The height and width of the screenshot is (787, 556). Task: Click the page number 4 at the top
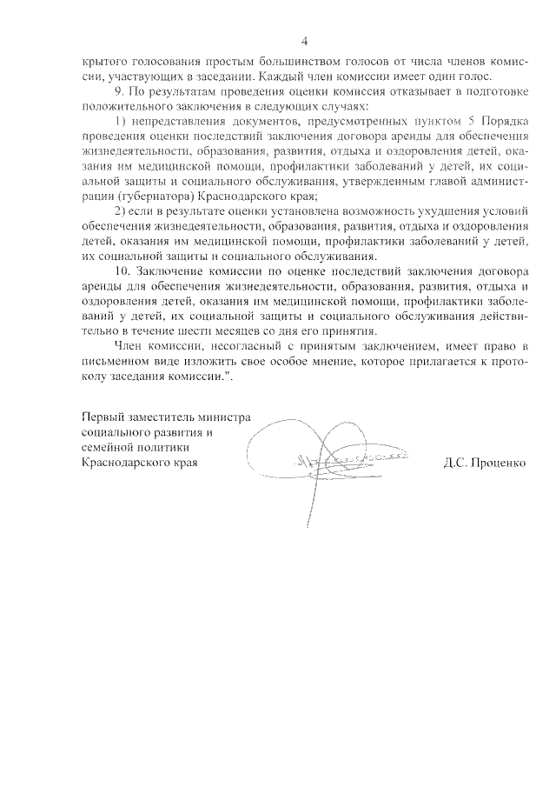click(305, 41)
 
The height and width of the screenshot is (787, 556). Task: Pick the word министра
click(224, 415)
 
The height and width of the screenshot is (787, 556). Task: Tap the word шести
click(211, 331)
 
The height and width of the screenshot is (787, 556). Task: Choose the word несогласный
click(237, 345)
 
